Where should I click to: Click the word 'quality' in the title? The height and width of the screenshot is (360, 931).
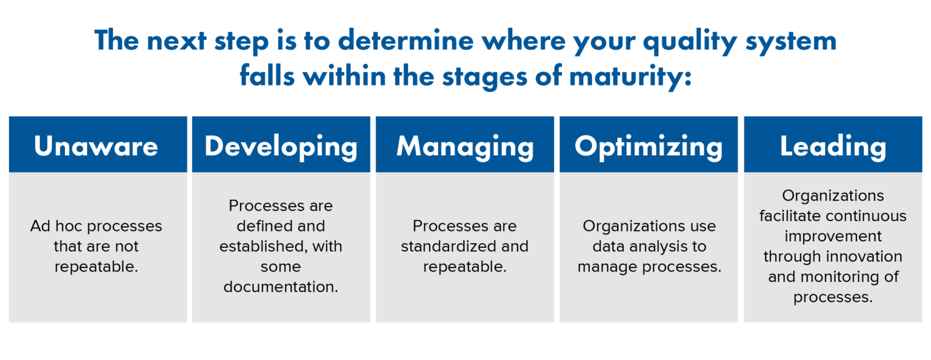(x=687, y=41)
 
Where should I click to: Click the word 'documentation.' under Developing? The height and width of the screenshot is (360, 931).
(x=281, y=287)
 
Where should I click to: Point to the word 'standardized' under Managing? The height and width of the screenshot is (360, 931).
(x=441, y=247)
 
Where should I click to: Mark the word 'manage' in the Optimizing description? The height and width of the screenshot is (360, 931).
(x=606, y=267)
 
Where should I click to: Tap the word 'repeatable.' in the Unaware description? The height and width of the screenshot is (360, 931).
(x=96, y=267)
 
